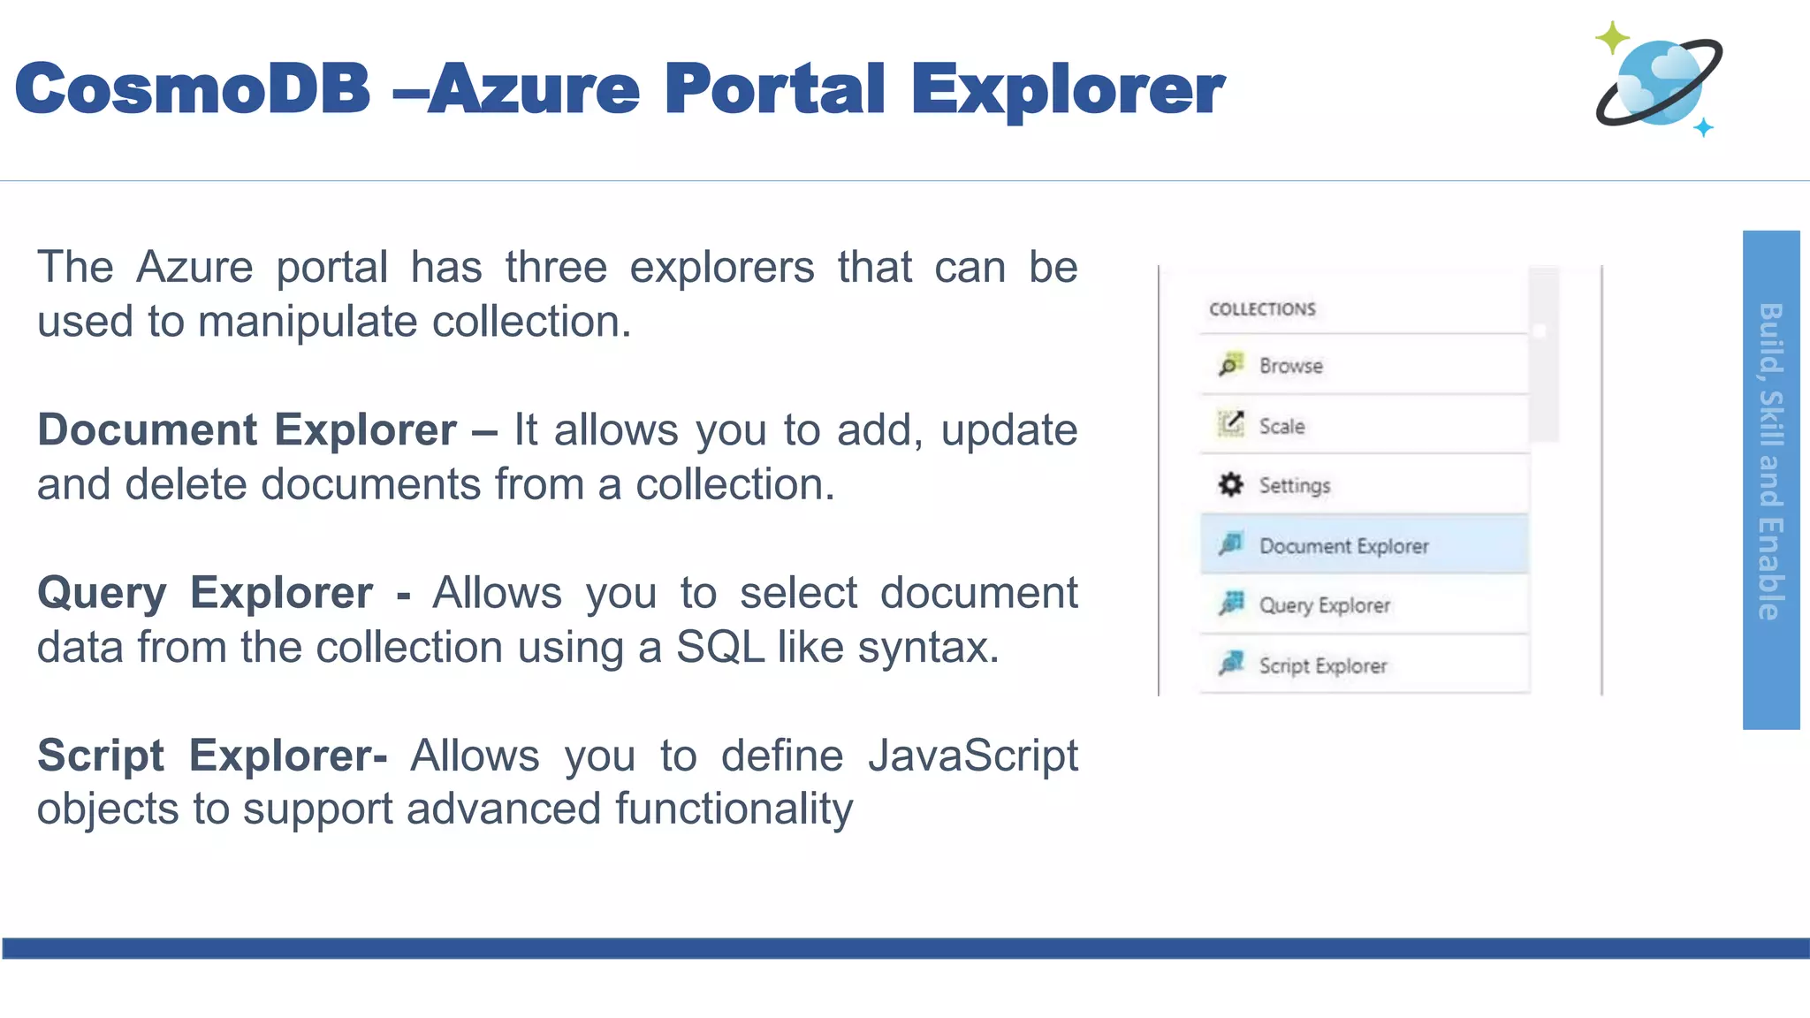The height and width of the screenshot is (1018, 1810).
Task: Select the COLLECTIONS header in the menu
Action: click(1262, 309)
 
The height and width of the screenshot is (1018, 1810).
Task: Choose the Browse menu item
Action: click(1290, 366)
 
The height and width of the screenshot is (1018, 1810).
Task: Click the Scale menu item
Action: click(1281, 426)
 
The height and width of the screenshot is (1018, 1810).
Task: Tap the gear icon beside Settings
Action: click(1230, 484)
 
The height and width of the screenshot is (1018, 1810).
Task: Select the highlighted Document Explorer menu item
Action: click(1343, 546)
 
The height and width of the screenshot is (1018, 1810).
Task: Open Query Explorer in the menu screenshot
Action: click(1324, 605)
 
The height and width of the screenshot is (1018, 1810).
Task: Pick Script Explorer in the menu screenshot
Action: click(1322, 665)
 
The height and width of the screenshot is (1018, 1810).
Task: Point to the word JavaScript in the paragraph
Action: click(972, 756)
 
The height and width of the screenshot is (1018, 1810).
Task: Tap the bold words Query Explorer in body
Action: click(204, 593)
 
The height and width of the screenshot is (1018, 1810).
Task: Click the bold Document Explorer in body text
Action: click(247, 430)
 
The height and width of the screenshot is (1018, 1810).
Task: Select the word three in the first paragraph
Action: click(556, 268)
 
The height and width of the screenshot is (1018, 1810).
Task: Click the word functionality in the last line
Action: click(734, 809)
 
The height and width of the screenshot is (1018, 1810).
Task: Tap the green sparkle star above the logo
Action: click(1612, 37)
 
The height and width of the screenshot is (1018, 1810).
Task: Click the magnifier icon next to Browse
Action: click(1229, 365)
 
